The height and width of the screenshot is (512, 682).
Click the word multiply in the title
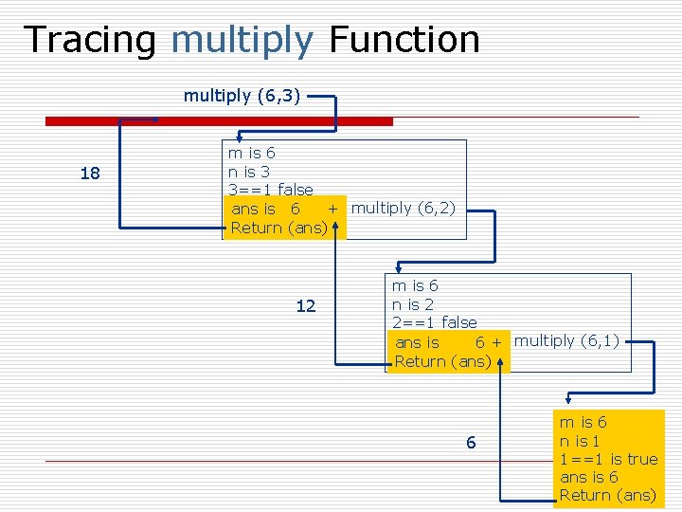pos(242,40)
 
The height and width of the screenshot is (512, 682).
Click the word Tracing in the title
pos(91,40)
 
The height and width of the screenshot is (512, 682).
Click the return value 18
pos(90,174)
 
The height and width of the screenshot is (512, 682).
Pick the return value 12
pos(305,306)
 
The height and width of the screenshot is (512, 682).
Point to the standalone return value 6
pos(471,443)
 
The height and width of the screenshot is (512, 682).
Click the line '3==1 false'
pos(270,190)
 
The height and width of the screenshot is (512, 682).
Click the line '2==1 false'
pos(434,322)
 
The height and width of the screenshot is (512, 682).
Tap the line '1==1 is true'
pos(608,459)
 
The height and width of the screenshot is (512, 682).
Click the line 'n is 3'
pos(248,172)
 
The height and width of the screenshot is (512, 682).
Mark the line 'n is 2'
pos(412,304)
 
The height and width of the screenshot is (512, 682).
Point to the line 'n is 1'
pos(580,441)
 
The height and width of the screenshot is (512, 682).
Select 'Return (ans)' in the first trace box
pos(278,228)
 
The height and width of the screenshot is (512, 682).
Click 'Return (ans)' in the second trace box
pos(442,361)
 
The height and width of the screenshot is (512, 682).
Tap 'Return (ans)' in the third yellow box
pos(607,495)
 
